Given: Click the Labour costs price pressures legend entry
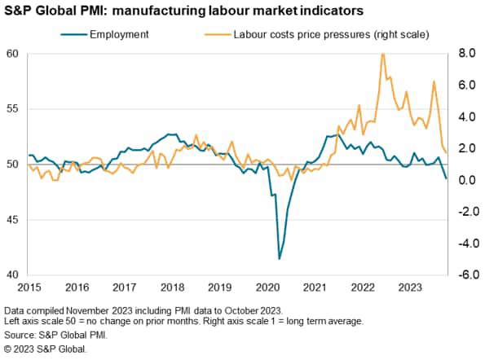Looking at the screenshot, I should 317,34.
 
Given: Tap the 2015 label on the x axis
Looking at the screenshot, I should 29,288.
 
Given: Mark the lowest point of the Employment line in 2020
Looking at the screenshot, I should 280,259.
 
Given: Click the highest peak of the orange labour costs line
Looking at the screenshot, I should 382,54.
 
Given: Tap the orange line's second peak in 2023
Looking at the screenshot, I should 434,81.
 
